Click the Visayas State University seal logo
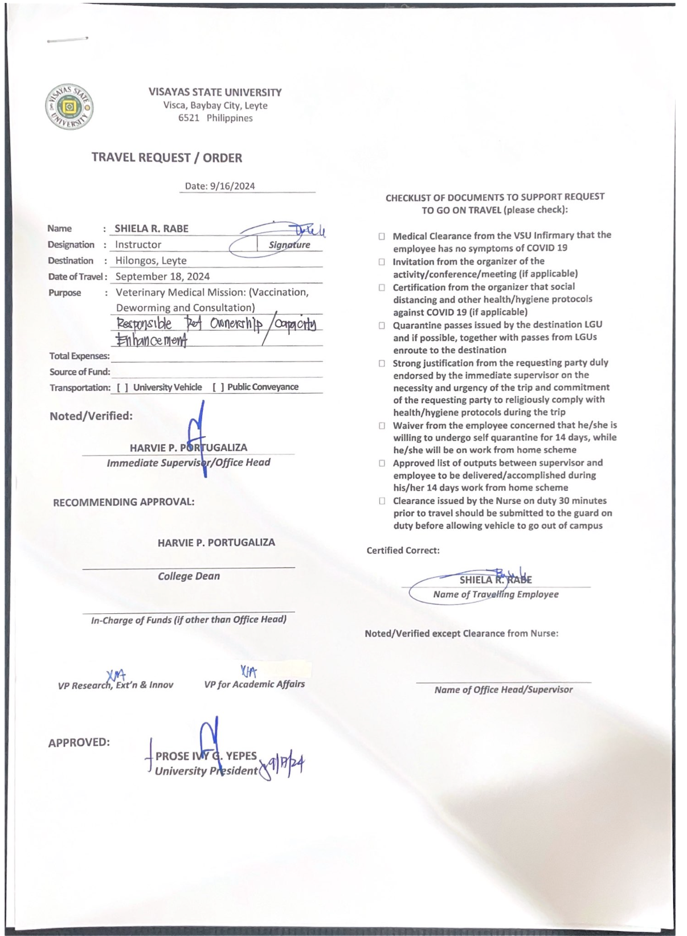69,107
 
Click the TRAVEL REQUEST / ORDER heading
167,158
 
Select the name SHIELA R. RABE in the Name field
152,229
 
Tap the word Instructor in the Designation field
138,245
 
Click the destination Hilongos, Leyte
151,261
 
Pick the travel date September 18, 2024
162,277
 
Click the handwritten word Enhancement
152,340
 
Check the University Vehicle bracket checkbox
122,388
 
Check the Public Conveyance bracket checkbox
218,388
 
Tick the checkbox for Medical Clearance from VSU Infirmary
382,236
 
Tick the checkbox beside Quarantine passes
382,326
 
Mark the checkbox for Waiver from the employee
382,426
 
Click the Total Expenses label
79,356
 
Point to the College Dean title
189,576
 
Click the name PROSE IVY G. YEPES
206,756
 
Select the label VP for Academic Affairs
254,684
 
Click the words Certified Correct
403,551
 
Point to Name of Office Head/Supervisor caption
504,690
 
